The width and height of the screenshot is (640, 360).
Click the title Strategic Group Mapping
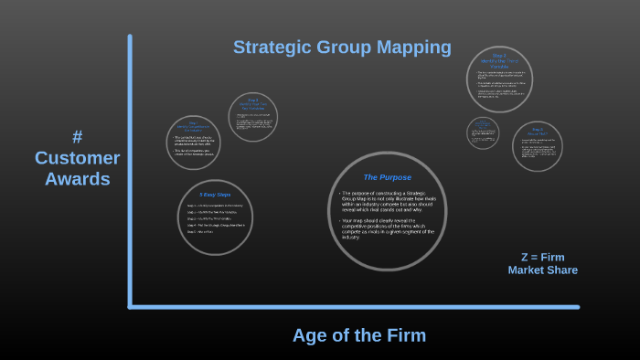point(342,47)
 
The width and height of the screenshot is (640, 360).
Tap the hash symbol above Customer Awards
point(77,137)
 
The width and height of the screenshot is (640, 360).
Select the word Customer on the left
point(78,158)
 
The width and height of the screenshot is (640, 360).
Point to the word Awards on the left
point(78,179)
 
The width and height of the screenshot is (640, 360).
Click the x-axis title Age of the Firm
point(359,335)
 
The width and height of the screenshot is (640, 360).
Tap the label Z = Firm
point(542,258)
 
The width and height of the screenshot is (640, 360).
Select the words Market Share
point(542,270)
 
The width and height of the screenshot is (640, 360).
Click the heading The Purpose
point(387,177)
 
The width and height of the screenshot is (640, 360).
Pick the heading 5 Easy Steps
point(215,195)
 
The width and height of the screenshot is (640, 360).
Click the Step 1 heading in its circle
point(193,126)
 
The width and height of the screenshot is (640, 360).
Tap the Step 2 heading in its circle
point(253,102)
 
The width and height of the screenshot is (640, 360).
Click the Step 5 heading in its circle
point(538,131)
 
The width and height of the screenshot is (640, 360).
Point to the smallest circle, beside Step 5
point(483,132)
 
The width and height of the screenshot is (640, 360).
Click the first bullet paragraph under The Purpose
point(387,201)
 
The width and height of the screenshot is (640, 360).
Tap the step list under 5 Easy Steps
point(215,219)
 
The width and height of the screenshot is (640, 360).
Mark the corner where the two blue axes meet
point(130,306)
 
